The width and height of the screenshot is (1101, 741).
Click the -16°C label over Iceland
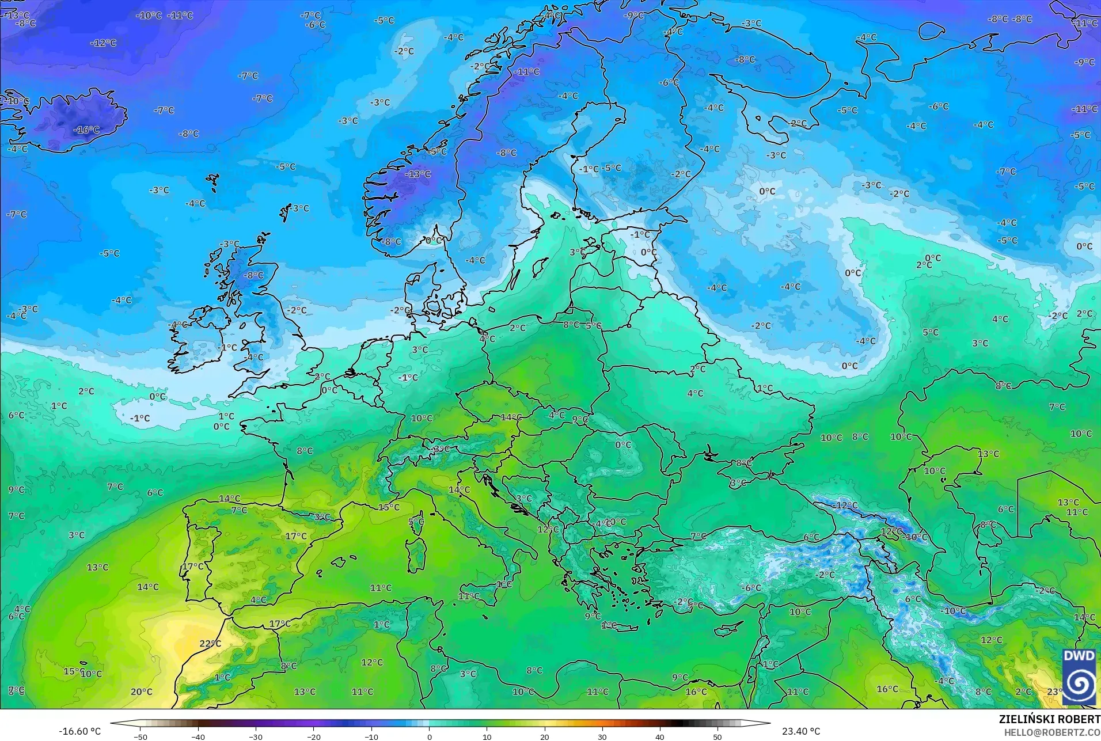click(86, 130)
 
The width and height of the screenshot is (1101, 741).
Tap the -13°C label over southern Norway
click(418, 174)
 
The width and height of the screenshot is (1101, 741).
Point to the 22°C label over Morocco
click(210, 643)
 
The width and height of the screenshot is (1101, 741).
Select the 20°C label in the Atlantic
click(142, 691)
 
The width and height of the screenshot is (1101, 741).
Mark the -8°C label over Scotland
click(253, 275)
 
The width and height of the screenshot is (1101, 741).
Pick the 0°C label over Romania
click(623, 444)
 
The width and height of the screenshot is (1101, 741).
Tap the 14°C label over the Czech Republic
click(511, 417)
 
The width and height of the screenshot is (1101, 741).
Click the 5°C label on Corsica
click(416, 522)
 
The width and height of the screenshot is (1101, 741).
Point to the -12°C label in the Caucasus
click(846, 506)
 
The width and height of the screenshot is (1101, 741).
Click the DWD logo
click(1079, 677)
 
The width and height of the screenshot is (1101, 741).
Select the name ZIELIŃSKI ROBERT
click(1049, 720)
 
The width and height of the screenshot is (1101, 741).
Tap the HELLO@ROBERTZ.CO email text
click(1052, 732)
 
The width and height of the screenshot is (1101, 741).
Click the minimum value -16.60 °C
click(79, 731)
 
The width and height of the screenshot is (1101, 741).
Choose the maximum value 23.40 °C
click(801, 731)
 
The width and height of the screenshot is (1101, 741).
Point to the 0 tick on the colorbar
click(429, 737)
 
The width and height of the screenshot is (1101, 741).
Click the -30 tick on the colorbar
click(256, 737)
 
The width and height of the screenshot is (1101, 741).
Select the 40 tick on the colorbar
click(660, 737)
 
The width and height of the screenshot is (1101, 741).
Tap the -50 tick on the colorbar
click(140, 737)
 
